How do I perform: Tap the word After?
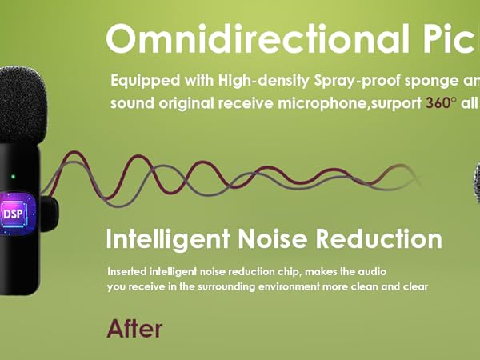coord(134,328)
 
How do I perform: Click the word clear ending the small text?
coord(415,286)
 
